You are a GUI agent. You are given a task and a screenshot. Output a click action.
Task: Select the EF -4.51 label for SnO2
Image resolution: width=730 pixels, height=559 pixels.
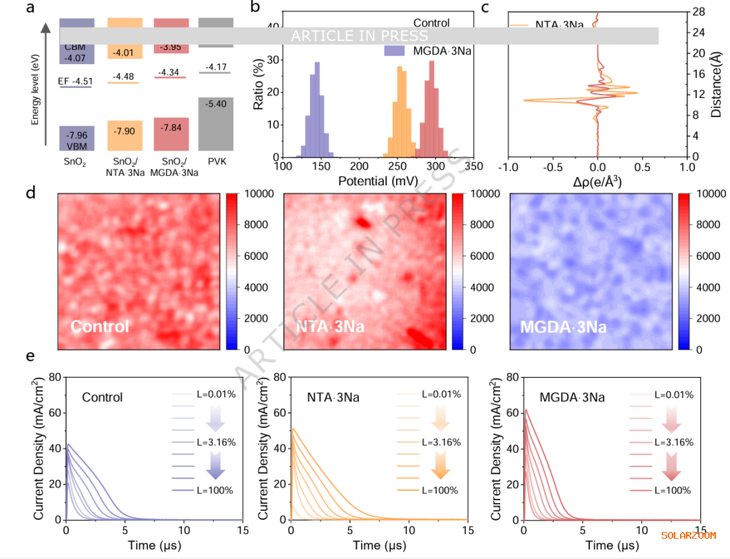tap(75, 82)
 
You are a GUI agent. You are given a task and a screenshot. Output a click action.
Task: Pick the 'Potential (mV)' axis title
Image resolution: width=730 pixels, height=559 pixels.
tap(377, 181)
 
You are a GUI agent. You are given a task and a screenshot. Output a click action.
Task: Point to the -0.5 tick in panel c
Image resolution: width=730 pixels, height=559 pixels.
tap(553, 166)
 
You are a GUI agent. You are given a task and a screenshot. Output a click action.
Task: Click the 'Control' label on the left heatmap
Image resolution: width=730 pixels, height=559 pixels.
tap(99, 327)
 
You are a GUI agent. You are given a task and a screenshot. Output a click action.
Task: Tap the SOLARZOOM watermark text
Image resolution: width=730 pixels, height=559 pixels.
tap(688, 535)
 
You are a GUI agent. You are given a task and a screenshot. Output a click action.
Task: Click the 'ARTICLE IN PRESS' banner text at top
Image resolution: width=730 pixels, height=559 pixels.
tap(359, 36)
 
